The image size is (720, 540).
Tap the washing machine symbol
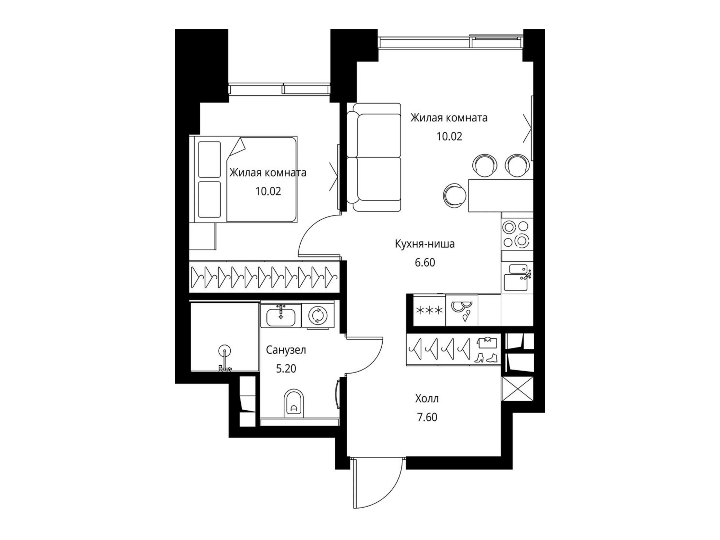pyautogui.click(x=318, y=316)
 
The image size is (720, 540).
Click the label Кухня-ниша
pyautogui.click(x=425, y=244)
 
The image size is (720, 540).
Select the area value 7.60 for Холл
pyautogui.click(x=427, y=417)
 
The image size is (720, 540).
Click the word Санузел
pyautogui.click(x=286, y=350)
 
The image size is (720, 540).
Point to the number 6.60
pyautogui.click(x=425, y=262)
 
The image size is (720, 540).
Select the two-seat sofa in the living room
pyautogui.click(x=374, y=157)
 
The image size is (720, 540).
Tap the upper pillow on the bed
pyautogui.click(x=209, y=159)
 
